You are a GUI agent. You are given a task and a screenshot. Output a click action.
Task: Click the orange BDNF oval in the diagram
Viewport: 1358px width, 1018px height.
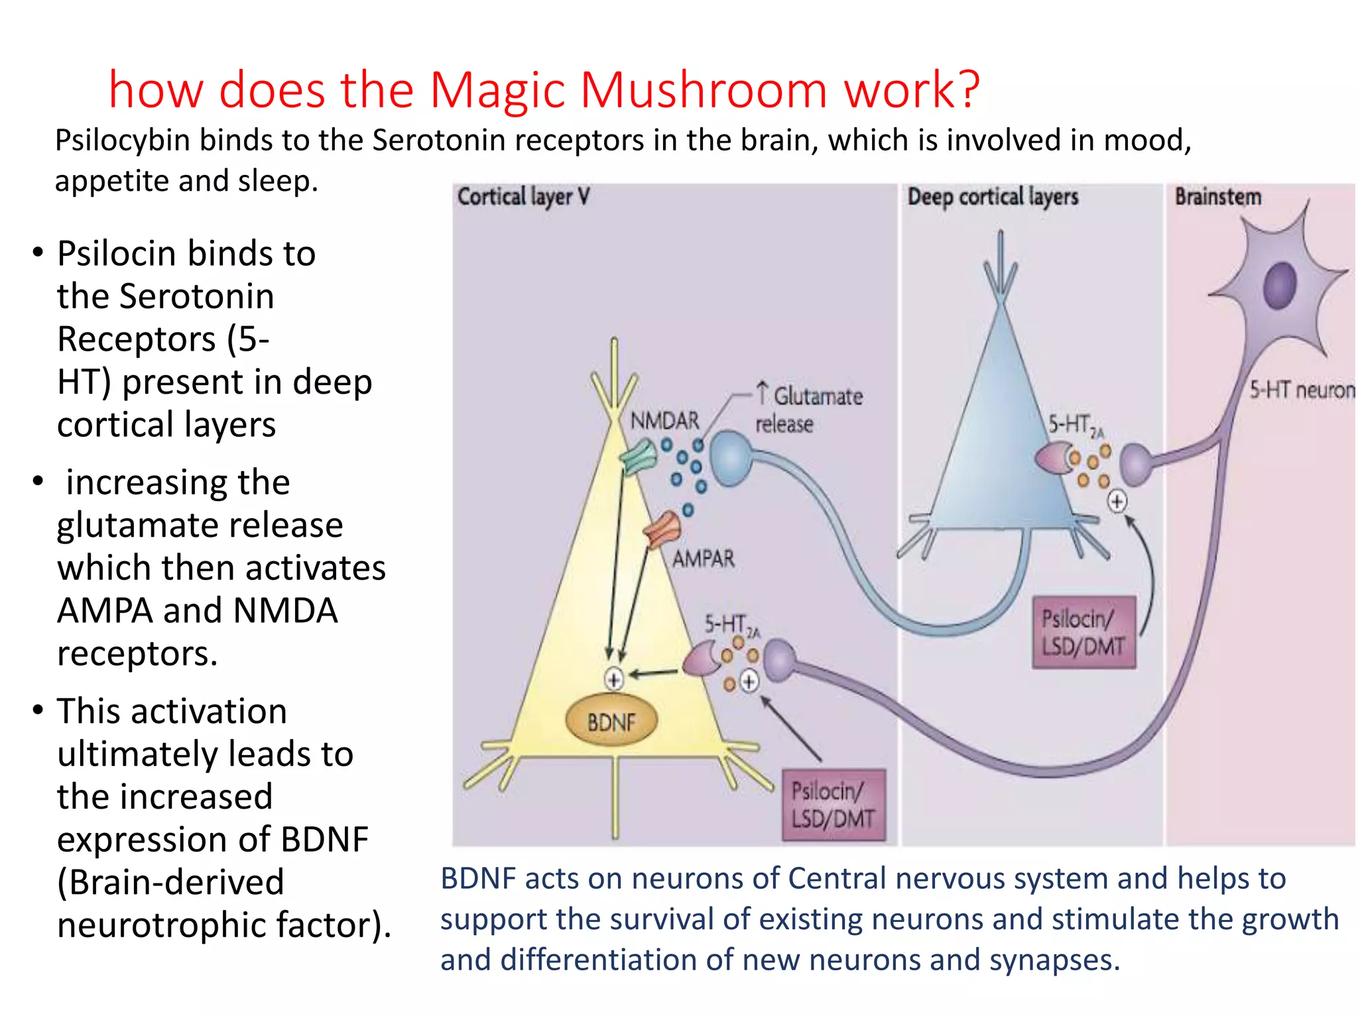coord(611,721)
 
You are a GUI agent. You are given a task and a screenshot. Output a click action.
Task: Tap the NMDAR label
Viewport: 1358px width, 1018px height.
coord(664,421)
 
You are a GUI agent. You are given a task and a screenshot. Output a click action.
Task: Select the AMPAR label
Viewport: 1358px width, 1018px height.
coord(704,559)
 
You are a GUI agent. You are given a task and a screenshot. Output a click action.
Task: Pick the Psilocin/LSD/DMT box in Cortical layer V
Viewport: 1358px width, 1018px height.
coord(833,805)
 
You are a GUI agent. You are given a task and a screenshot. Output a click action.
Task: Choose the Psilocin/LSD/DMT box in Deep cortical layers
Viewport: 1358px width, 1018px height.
coord(1083,632)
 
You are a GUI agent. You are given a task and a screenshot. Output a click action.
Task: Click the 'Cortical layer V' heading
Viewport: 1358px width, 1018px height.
coord(523,197)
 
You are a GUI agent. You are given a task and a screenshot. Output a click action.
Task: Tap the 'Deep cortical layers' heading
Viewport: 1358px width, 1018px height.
coord(993,197)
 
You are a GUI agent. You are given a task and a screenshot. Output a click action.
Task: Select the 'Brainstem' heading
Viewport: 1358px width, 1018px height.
coord(1217,197)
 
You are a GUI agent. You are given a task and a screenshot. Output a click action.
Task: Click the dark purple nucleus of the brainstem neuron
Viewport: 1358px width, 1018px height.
coord(1279,285)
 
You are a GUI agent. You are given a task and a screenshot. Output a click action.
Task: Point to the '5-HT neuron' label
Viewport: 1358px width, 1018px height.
coord(1302,390)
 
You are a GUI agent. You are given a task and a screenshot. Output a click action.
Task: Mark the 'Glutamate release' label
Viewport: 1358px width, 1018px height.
coord(809,410)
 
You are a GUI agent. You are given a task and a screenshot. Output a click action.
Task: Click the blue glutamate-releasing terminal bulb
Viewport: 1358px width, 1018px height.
coord(731,458)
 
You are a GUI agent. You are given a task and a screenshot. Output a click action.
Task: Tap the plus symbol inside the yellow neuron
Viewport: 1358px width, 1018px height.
coord(614,679)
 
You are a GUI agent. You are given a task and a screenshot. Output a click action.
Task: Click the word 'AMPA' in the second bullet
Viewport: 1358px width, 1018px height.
coord(105,610)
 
